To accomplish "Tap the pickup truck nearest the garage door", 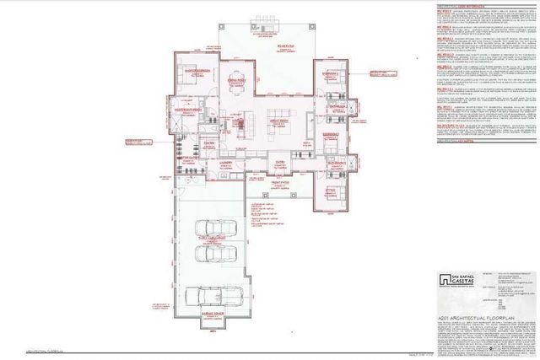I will pyautogui.click(x=208, y=297).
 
